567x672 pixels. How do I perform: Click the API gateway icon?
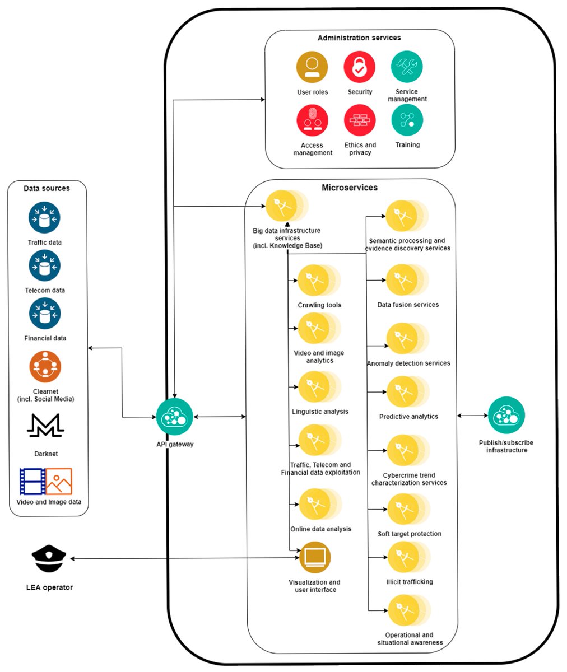pos(174,417)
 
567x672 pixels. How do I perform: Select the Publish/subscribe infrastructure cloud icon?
pos(506,416)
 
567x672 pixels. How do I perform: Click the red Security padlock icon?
pos(359,67)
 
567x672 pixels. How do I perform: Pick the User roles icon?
pos(312,67)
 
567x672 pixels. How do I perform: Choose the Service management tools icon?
pos(407,67)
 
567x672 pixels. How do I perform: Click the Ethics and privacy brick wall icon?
pos(360,120)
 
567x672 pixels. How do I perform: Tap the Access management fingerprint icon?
pos(312,120)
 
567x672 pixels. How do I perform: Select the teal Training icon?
pos(407,120)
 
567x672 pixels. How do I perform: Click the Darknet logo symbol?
pos(45,426)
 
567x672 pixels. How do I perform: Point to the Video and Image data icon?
pos(45,481)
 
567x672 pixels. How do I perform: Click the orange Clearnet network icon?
pos(45,367)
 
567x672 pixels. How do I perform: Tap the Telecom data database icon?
pos(45,265)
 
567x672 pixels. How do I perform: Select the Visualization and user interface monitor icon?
pos(315,557)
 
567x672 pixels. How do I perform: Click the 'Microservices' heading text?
pos(350,188)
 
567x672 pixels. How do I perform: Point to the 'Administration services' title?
pos(359,38)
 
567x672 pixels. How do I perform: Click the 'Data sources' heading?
pos(47,188)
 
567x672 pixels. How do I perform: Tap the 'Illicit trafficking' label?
pos(410,582)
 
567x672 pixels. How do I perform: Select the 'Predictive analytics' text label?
pos(408,417)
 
